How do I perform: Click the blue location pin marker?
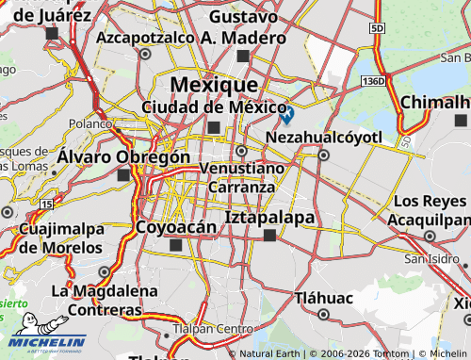[286, 114]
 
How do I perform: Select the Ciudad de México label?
[214, 106]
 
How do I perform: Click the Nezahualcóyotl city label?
[324, 138]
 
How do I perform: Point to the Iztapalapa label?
[270, 217]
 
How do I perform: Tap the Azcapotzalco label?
[144, 38]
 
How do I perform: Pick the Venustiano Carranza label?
[242, 176]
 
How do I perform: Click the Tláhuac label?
[322, 297]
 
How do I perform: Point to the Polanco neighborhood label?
[89, 123]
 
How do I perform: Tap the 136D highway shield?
[374, 81]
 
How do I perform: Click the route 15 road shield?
[47, 204]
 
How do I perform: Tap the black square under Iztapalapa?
[270, 236]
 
